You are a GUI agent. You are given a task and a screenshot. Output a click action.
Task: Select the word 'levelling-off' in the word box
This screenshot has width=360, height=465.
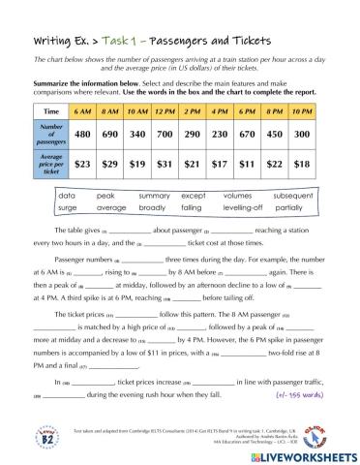[247, 207]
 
